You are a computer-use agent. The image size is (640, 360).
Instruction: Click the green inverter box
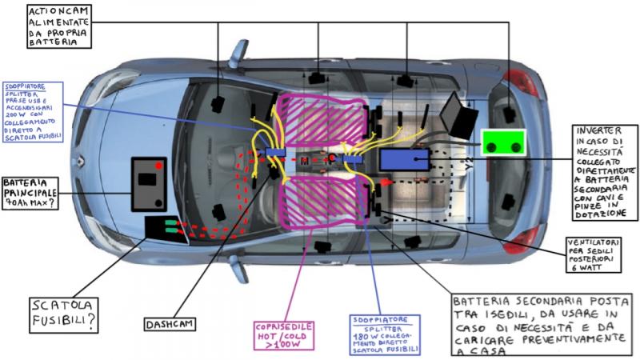[504, 145]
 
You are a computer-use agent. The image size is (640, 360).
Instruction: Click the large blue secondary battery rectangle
[405, 158]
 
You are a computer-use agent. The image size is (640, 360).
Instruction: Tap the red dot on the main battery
[159, 166]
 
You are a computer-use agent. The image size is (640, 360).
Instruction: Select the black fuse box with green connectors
[165, 228]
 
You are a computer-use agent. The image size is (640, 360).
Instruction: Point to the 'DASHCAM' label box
[172, 325]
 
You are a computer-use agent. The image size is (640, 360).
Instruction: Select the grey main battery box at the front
[149, 183]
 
